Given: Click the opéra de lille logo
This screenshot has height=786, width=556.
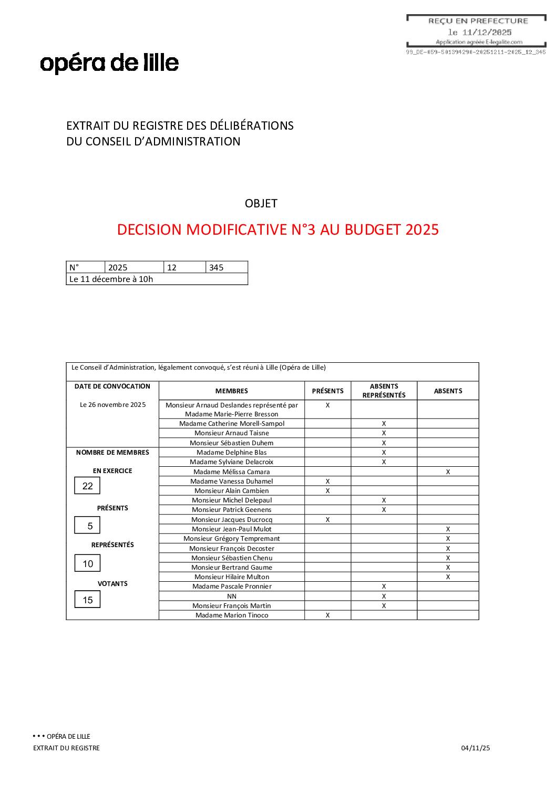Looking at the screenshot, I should [x=109, y=63].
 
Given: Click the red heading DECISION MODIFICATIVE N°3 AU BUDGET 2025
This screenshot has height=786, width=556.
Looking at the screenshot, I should [x=277, y=230].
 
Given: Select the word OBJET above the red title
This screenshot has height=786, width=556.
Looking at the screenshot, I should [x=261, y=204].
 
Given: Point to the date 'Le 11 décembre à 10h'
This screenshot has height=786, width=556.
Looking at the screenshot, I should [x=111, y=279].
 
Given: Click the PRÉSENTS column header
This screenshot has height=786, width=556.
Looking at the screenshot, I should [x=327, y=391].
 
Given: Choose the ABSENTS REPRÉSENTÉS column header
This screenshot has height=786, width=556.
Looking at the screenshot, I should [x=384, y=391].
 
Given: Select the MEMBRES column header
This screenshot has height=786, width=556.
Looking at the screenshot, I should [x=231, y=391].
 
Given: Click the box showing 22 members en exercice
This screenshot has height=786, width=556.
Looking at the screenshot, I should [x=87, y=486].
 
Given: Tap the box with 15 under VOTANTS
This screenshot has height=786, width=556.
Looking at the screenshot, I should [x=87, y=600].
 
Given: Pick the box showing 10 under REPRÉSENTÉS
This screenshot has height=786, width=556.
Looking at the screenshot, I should [x=87, y=563].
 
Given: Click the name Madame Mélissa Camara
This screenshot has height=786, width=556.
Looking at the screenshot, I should [x=231, y=471].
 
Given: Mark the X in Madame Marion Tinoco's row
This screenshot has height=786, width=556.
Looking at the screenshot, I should [x=327, y=615].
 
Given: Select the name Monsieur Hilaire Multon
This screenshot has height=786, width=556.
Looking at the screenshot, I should [x=231, y=577].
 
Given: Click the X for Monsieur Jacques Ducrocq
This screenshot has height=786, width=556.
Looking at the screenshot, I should [x=327, y=519].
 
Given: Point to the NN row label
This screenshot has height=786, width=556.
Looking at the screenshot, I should [x=231, y=596].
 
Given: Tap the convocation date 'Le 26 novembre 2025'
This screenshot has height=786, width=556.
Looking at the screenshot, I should [x=112, y=405].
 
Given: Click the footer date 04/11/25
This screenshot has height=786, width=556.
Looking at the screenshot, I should [x=475, y=748].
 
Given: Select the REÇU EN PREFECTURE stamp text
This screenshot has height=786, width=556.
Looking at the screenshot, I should [x=478, y=21].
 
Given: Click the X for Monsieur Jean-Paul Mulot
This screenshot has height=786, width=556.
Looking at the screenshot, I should [x=448, y=529].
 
